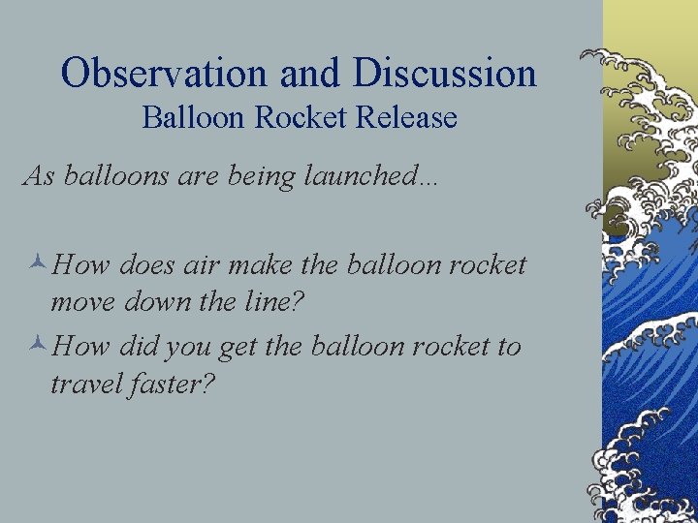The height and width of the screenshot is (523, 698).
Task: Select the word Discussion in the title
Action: pyautogui.click(x=446, y=74)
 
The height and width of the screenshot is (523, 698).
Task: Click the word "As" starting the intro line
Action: pyautogui.click(x=38, y=176)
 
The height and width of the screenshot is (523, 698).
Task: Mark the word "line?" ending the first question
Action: pyautogui.click(x=274, y=302)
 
